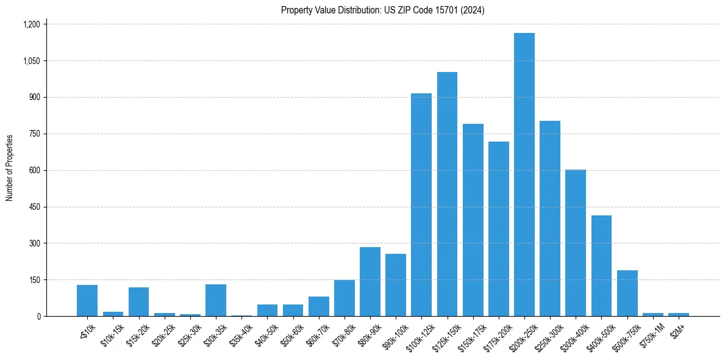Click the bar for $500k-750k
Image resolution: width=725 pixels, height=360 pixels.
pyautogui.click(x=627, y=293)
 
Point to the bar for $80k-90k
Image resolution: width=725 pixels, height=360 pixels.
pyautogui.click(x=370, y=281)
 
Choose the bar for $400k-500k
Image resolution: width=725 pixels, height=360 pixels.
pyautogui.click(x=601, y=265)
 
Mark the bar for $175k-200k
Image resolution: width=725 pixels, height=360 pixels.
pyautogui.click(x=498, y=229)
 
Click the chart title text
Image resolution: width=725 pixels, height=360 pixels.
pyautogui.click(x=382, y=10)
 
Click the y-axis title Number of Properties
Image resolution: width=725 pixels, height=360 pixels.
pyautogui.click(x=10, y=168)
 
